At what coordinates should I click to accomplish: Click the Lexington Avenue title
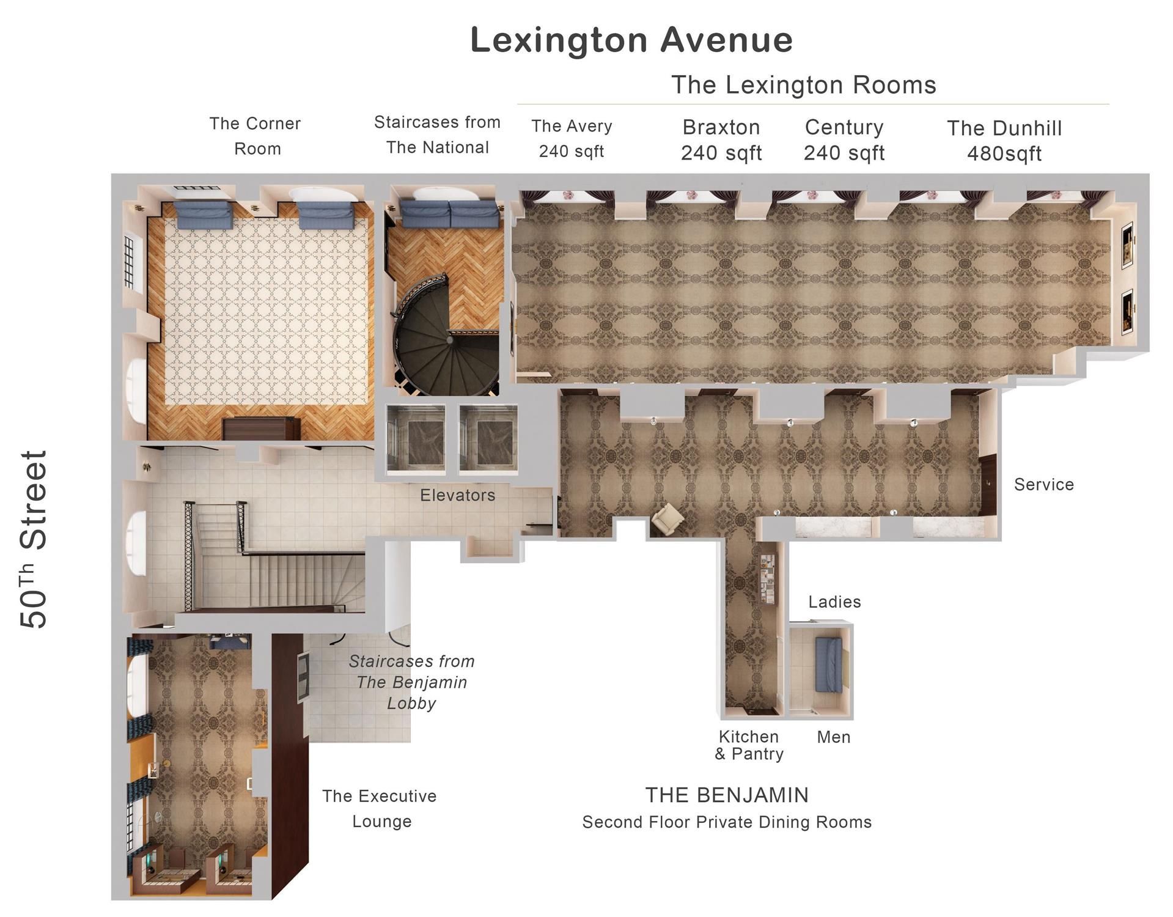631,40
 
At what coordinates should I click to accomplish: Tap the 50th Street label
34,539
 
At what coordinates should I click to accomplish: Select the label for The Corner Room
256,136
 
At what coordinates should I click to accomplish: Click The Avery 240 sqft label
572,138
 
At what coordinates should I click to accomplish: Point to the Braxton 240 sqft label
721,139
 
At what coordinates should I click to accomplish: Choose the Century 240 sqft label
844,139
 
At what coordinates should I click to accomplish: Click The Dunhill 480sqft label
1004,141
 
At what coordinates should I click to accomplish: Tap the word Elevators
457,495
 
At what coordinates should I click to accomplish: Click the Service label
1043,484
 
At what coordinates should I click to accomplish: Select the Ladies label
834,602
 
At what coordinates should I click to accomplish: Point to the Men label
834,737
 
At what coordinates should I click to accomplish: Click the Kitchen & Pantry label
749,745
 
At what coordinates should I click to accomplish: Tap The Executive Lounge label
380,808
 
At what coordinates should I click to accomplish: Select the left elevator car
416,440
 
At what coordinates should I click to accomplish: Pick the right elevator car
488,440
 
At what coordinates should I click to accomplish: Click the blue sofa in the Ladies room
829,665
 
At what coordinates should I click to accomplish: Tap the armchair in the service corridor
667,519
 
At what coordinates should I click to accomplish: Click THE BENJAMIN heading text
727,795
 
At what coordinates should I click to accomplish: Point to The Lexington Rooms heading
804,85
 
